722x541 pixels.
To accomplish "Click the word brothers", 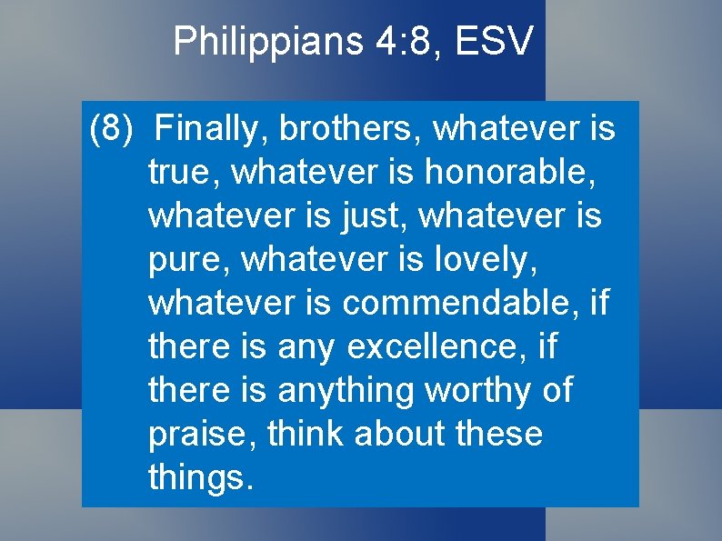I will [x=350, y=130].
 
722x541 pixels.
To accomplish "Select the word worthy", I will [x=486, y=391].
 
